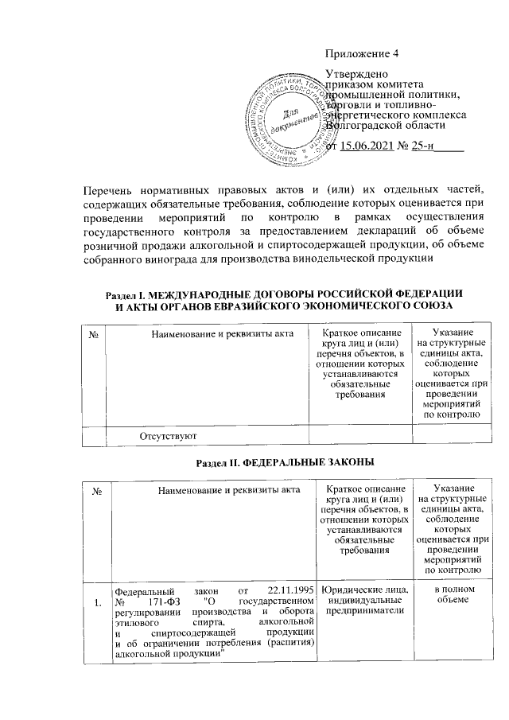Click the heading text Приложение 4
(362, 54)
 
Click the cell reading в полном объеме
(451, 594)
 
